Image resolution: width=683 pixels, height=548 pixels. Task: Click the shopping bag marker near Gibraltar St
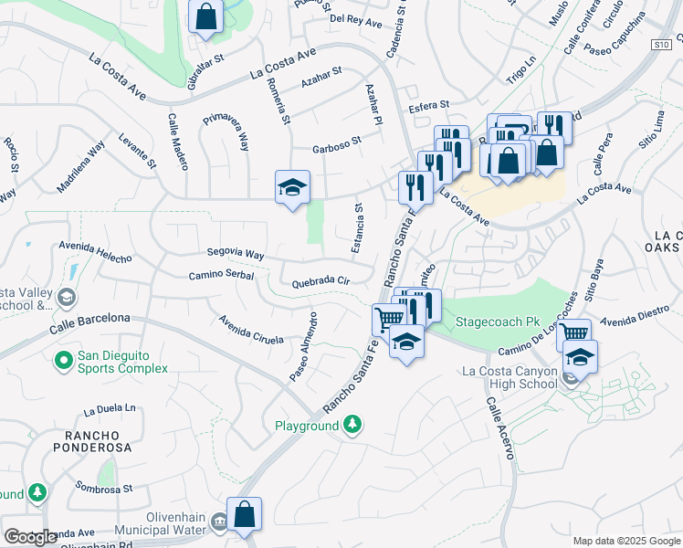coord(206,16)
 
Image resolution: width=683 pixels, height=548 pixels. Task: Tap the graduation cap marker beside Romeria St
coord(292,188)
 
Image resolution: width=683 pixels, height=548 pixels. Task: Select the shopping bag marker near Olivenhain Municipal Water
coord(244,515)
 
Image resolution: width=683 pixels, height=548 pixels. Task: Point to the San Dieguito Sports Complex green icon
coord(63,361)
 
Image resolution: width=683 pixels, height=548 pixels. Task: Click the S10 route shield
coord(662,44)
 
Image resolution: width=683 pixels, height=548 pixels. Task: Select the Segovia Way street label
coord(236,254)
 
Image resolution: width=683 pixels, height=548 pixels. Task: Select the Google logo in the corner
coord(30,537)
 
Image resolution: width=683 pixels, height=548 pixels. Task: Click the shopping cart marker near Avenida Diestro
coord(573,334)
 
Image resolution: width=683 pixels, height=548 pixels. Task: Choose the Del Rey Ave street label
coord(355,18)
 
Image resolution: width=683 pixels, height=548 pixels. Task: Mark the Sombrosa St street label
coord(104,488)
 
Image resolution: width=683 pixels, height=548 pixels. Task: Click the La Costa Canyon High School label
coord(510,377)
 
